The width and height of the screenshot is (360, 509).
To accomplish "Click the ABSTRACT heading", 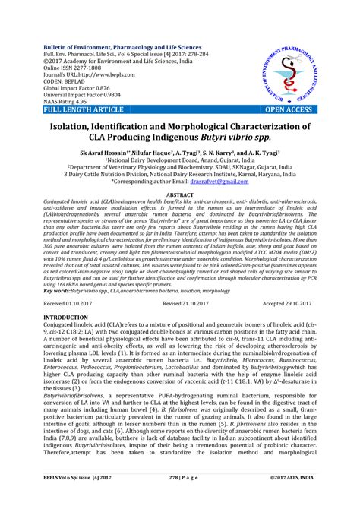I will (180, 195).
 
